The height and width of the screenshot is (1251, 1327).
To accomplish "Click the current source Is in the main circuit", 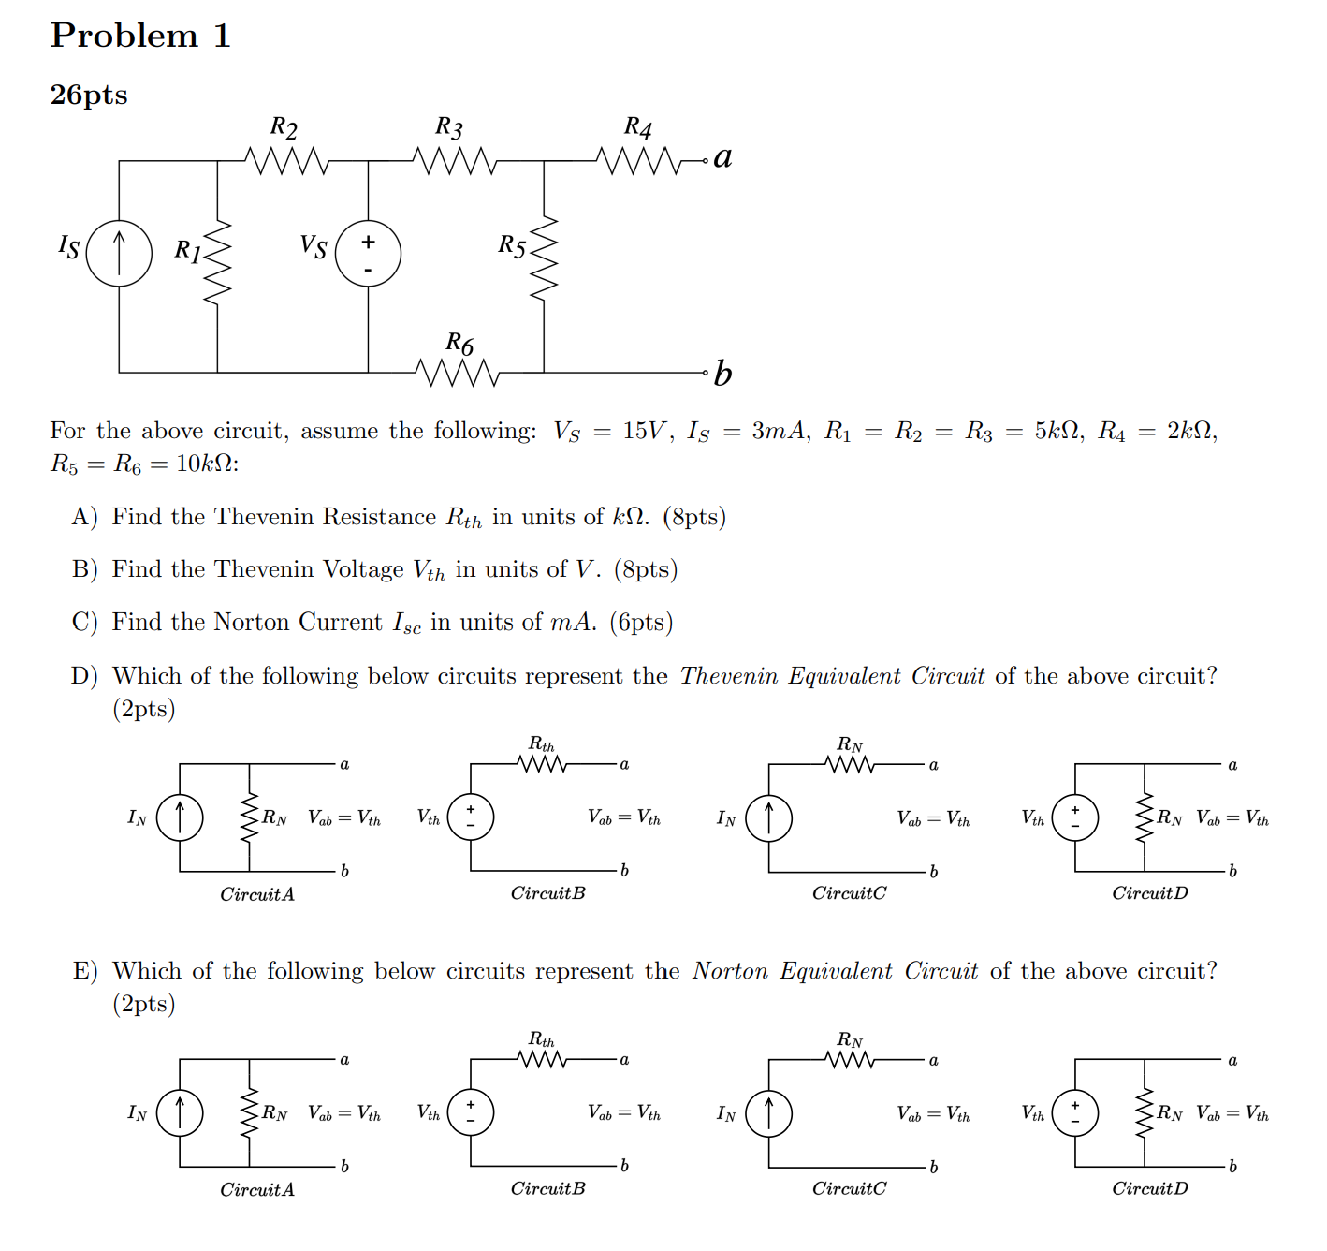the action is [x=119, y=253].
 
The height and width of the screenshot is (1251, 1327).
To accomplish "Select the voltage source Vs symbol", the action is [x=368, y=253].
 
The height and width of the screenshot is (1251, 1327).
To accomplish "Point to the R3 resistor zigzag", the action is [x=454, y=161].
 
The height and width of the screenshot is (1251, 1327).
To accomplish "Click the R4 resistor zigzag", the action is [x=640, y=161].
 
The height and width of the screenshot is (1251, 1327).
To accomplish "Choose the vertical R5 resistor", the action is [x=544, y=258].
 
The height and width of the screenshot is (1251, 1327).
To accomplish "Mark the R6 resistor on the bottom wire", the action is [x=459, y=373].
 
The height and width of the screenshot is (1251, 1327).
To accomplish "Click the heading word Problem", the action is [x=124, y=36].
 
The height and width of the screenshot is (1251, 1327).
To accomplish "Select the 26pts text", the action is [x=89, y=95].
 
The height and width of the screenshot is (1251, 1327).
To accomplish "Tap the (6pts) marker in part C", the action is [x=641, y=623].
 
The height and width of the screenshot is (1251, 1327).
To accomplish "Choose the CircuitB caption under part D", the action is [x=547, y=893].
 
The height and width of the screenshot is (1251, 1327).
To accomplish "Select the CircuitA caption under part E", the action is [x=257, y=1189].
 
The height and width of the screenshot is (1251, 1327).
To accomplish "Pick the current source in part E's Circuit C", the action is [x=769, y=1113].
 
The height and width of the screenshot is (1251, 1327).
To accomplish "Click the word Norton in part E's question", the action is [x=730, y=971].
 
